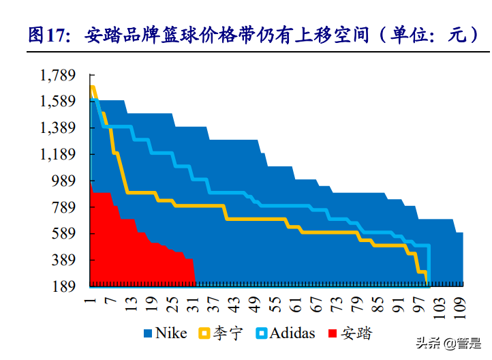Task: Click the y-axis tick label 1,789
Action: pyautogui.click(x=59, y=75)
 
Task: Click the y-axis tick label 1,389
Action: pyautogui.click(x=59, y=128)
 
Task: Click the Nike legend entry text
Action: pyautogui.click(x=171, y=333)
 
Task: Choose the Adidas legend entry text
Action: pyautogui.click(x=292, y=333)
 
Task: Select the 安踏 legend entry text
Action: pyautogui.click(x=357, y=333)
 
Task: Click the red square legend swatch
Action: pyautogui.click(x=333, y=334)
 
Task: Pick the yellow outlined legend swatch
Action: pyautogui.click(x=203, y=334)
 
